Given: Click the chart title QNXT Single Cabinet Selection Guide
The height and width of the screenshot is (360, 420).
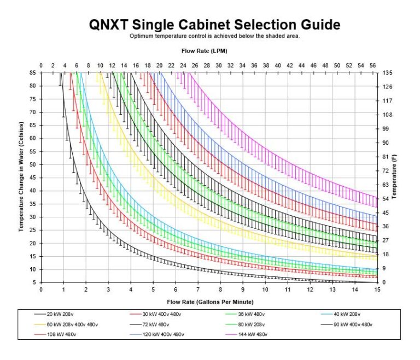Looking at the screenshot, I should (214, 25).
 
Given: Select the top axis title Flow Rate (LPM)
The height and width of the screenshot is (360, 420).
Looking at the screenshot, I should (204, 51).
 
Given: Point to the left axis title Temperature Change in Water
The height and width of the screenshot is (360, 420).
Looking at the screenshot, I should (22, 176).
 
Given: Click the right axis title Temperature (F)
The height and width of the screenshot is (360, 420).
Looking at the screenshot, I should (394, 176).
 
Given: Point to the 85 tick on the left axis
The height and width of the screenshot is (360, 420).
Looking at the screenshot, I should (33, 73).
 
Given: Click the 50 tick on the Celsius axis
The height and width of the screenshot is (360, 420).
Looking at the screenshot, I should (33, 164).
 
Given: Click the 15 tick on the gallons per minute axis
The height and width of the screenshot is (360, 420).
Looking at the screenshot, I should (377, 290).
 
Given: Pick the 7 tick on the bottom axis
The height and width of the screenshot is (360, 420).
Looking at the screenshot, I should (198, 290).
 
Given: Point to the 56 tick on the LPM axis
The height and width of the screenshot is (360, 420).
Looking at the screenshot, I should (372, 65).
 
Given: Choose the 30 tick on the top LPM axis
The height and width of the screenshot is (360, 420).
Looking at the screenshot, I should (218, 65).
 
